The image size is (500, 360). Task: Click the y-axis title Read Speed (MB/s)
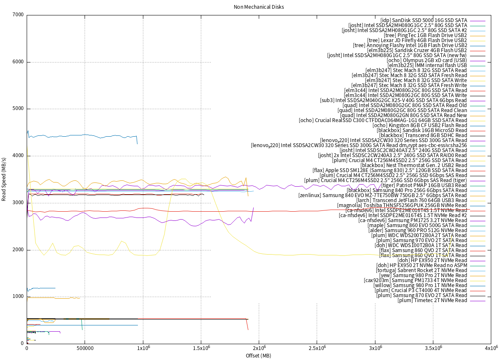(x=4, y=180)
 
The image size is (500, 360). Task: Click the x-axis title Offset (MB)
(x=258, y=355)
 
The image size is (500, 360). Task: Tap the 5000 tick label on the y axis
(x=18, y=109)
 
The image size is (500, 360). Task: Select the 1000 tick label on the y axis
(x=18, y=297)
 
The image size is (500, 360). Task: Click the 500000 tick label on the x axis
(x=85, y=348)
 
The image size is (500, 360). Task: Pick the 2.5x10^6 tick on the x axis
(x=317, y=348)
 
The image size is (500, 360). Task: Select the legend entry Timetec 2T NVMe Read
(x=432, y=300)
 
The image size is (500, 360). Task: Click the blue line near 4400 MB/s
(x=83, y=135)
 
